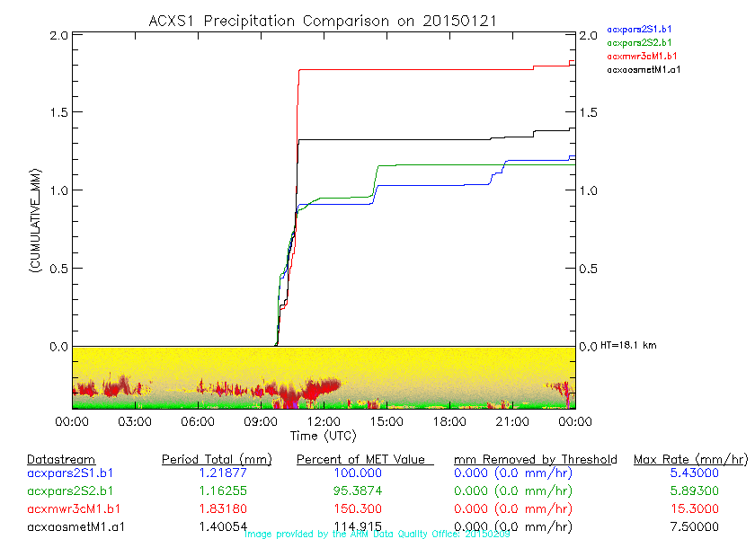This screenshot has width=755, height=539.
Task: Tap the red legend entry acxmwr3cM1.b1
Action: [642, 56]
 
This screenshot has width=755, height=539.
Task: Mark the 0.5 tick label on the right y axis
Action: [590, 269]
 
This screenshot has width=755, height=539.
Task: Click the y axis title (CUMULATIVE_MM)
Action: [35, 221]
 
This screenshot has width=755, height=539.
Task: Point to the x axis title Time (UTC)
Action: [323, 436]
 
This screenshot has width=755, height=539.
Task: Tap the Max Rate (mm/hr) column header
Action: [689, 460]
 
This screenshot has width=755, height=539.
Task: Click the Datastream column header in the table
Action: [61, 460]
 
